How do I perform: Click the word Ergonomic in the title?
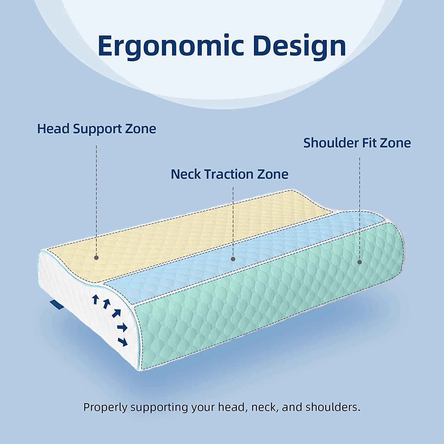pos(170,46)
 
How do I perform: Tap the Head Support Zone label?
pos(96,129)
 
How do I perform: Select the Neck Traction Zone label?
pos(229,174)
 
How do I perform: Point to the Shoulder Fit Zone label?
pos(357,143)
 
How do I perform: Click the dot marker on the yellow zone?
pos(96,258)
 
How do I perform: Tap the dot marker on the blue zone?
pos(233,259)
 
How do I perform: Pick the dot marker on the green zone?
pos(360,262)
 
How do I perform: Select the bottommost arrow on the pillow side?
pos(123,342)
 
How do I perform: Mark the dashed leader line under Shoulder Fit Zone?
pos(360,207)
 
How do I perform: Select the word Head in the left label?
pos(53,129)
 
